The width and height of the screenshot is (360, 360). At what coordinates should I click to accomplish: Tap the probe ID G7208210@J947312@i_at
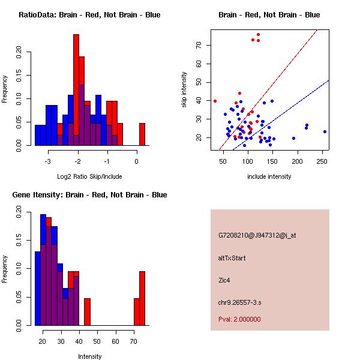coord(257,235)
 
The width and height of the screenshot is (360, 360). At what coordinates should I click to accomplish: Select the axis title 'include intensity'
coord(269,176)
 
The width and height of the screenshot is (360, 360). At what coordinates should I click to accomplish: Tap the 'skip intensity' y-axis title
coord(184,90)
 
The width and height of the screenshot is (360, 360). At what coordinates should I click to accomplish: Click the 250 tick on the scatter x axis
coord(323,161)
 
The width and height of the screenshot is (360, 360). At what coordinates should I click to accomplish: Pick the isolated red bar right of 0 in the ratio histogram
coord(142,134)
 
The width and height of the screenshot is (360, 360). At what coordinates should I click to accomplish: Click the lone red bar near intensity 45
coord(87,311)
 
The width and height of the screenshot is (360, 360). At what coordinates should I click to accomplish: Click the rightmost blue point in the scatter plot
coord(325,131)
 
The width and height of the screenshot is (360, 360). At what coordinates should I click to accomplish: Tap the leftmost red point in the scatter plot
coord(215,101)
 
